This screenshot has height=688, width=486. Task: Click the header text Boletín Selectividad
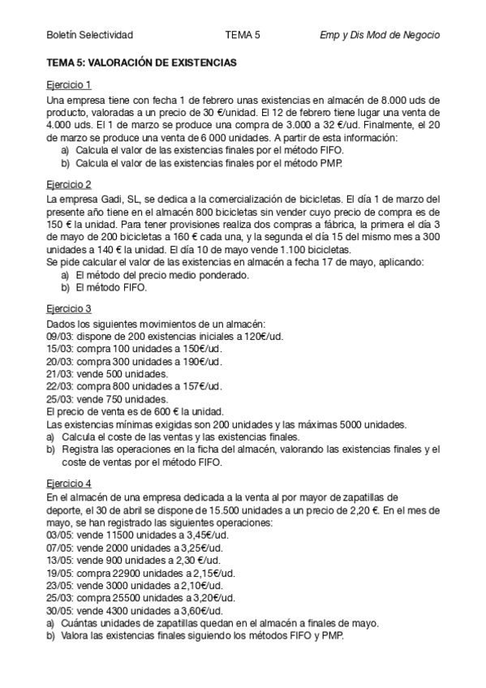coord(90,35)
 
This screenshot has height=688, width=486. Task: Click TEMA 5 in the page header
coord(243,35)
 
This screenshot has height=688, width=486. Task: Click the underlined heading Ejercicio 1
coord(69,84)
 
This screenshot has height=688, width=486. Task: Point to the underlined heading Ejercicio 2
coord(69,184)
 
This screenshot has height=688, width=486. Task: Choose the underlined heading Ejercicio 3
coord(69,308)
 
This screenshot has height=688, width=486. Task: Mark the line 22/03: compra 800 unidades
coord(134,386)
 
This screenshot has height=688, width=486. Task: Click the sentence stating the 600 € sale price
coord(134,411)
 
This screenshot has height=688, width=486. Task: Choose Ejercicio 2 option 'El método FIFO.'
coord(111,287)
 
